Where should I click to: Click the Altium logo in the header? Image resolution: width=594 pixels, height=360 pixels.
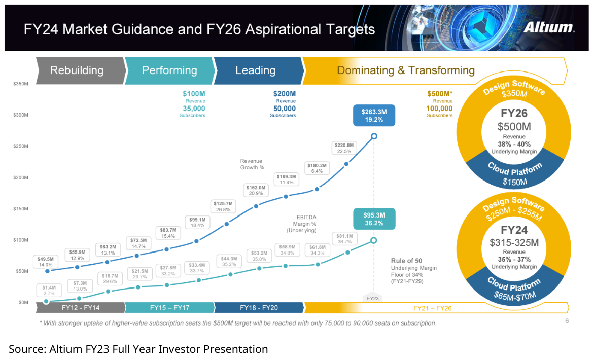pyautogui.click(x=549, y=27)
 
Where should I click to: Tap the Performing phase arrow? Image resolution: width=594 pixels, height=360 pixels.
pyautogui.click(x=169, y=70)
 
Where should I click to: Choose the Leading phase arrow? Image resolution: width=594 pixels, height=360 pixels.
pyautogui.click(x=256, y=70)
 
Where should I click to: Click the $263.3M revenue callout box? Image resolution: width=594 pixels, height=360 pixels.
pyautogui.click(x=373, y=116)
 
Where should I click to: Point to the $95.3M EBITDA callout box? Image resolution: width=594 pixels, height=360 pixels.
pyautogui.click(x=373, y=219)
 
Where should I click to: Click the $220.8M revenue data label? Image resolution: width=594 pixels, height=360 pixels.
pyautogui.click(x=344, y=148)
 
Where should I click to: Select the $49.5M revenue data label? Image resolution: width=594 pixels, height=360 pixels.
pyautogui.click(x=46, y=262)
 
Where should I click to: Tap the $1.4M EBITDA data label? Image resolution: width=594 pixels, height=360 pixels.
pyautogui.click(x=49, y=290)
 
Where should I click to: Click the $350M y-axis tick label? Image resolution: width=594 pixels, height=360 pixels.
pyautogui.click(x=21, y=83)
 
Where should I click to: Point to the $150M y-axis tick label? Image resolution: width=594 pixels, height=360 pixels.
pyautogui.click(x=21, y=209)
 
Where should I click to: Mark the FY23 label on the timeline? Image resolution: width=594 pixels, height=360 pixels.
pyautogui.click(x=373, y=298)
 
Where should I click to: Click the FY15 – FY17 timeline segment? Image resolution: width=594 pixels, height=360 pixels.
pyautogui.click(x=170, y=308)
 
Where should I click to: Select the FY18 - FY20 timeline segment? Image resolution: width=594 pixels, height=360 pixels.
pyautogui.click(x=259, y=308)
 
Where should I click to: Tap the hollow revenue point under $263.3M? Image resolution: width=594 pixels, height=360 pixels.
pyautogui.click(x=374, y=136)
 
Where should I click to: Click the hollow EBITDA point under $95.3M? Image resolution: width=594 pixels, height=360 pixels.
pyautogui.click(x=373, y=240)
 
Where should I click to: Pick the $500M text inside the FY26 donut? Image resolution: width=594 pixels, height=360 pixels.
pyautogui.click(x=514, y=126)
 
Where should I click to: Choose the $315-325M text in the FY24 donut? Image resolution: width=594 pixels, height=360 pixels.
pyautogui.click(x=514, y=242)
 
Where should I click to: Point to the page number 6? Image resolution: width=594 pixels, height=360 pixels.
pyautogui.click(x=567, y=321)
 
